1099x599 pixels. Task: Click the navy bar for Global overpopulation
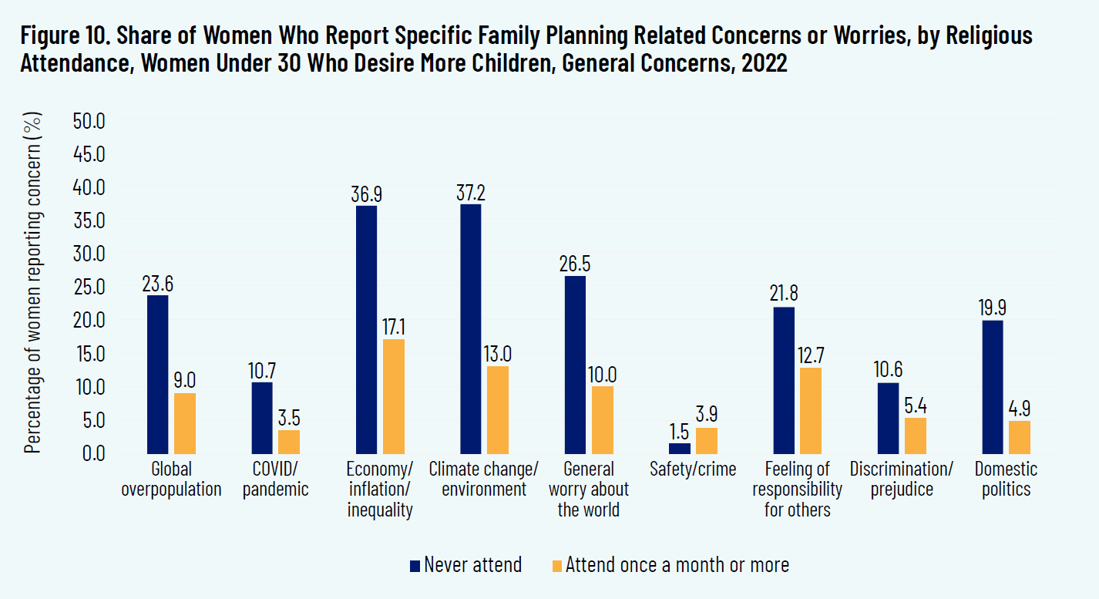[157, 374]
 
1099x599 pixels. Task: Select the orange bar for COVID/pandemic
[289, 441]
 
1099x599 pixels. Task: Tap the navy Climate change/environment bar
[470, 328]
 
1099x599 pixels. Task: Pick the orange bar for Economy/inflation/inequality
[394, 396]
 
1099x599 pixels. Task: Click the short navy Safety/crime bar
[680, 448]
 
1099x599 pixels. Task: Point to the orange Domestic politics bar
[1020, 437]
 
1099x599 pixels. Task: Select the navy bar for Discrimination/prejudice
[888, 418]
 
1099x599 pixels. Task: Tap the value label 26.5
[575, 262]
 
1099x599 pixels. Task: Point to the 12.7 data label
[811, 355]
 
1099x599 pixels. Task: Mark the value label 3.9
[707, 415]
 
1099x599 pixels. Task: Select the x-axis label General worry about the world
[589, 490]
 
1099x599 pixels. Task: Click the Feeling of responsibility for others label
[797, 490]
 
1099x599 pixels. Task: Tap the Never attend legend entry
[465, 565]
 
